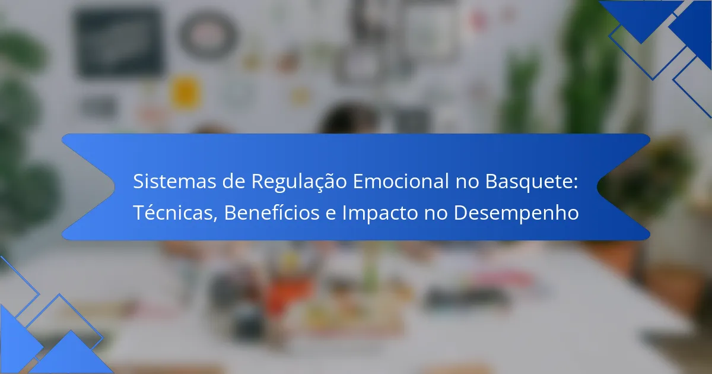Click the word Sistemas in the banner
(174, 181)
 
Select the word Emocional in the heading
(401, 181)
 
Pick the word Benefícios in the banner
(272, 212)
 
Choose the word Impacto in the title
(380, 213)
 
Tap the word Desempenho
(516, 213)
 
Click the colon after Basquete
(575, 183)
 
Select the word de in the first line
(234, 181)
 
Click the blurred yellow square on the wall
(186, 92)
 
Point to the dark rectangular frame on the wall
(119, 42)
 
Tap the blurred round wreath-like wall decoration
(208, 34)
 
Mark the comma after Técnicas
(215, 219)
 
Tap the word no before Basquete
(468, 183)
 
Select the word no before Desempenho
(436, 214)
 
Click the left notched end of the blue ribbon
(115, 187)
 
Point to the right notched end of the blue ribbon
(597, 187)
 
